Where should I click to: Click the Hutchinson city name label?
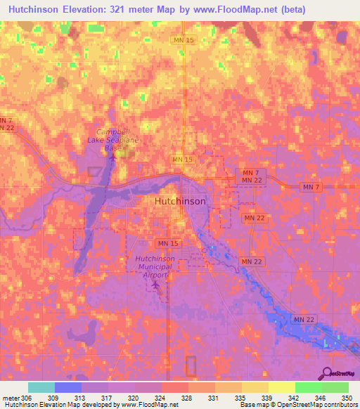coord(180,201)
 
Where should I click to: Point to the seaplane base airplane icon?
coord(112,155)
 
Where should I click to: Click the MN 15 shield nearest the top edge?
coord(181,41)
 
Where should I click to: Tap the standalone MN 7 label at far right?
coord(310,186)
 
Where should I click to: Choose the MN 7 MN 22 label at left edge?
coord(6,124)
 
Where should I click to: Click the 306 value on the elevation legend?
coord(26,397)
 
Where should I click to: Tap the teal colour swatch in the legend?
coord(41,387)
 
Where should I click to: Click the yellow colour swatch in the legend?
coord(281,387)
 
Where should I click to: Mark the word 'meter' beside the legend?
coord(11,397)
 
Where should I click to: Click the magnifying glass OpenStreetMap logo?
coord(328,373)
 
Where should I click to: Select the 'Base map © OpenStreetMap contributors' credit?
coord(299,405)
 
